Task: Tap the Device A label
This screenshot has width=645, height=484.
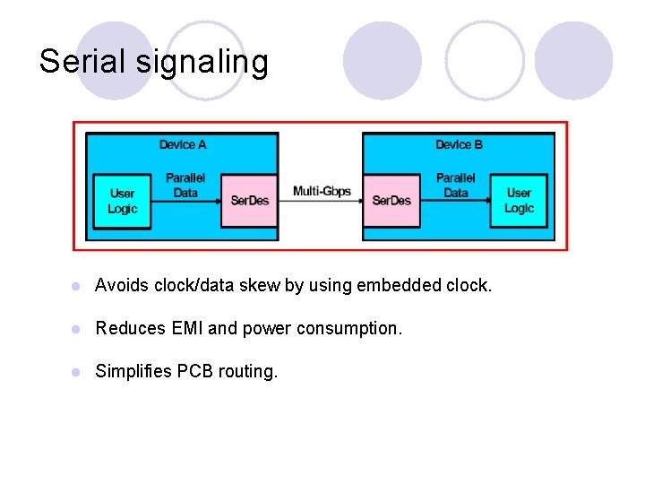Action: pos(183,144)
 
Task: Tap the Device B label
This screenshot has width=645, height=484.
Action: pos(460,144)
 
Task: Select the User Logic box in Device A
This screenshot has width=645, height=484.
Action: pos(122,201)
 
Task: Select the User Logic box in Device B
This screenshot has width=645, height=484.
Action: pos(519,201)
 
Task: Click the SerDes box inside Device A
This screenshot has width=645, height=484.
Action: pos(249,201)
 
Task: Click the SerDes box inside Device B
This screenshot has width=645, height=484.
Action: pos(391,201)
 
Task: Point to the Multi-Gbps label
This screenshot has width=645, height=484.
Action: pos(322,191)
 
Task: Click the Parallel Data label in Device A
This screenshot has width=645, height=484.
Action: pos(185,186)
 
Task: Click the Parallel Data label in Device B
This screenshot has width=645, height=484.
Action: pos(455,186)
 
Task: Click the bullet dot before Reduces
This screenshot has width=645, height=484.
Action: pos(78,329)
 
